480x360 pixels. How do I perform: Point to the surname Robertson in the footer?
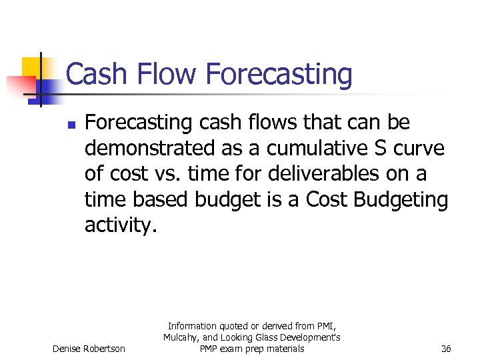point(103,349)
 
